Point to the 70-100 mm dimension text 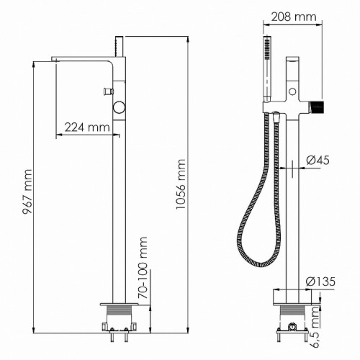143,268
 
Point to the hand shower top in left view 117,43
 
